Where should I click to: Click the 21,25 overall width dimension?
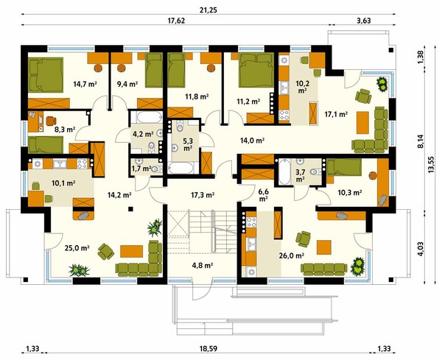(208, 10)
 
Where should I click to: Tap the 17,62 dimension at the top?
(176, 21)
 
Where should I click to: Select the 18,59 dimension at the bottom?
(209, 349)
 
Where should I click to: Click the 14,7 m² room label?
(85, 84)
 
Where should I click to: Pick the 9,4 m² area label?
(127, 84)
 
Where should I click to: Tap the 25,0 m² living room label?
(77, 248)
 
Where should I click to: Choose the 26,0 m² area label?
(292, 255)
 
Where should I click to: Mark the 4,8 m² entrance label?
(203, 265)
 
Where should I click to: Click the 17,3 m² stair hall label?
(203, 194)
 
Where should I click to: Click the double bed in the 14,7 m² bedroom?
(46, 74)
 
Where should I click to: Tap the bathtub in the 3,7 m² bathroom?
(284, 172)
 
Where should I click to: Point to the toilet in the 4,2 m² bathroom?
(152, 147)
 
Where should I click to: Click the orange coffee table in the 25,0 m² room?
(131, 251)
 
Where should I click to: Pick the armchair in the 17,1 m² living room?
(363, 96)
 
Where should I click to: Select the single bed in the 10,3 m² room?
(344, 167)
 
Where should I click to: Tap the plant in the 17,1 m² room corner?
(382, 84)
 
